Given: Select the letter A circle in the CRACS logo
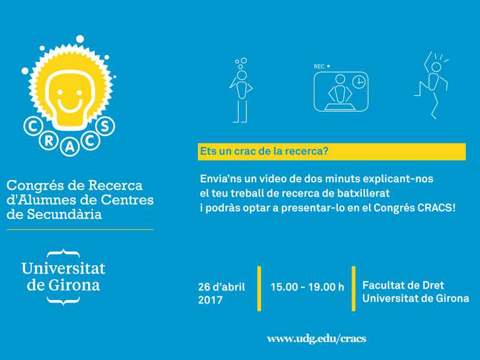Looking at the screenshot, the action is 70,147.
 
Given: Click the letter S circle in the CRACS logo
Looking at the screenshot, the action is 105,126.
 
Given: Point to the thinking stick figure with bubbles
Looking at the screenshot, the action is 241,91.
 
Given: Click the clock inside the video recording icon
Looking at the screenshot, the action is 358,82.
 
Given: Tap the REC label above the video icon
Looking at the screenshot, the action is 319,67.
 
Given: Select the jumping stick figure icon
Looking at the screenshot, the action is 431,85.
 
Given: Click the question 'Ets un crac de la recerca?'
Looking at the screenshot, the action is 264,151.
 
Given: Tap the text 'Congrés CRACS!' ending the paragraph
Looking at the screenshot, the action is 415,208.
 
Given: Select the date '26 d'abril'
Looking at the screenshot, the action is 221,287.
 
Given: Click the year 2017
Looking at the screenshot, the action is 211,299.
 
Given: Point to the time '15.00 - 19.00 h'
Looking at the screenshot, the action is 307,287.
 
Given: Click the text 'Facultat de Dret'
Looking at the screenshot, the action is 403,286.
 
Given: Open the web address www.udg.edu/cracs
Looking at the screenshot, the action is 317,338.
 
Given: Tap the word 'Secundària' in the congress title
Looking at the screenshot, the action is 65,214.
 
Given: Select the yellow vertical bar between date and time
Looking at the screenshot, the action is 259,289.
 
